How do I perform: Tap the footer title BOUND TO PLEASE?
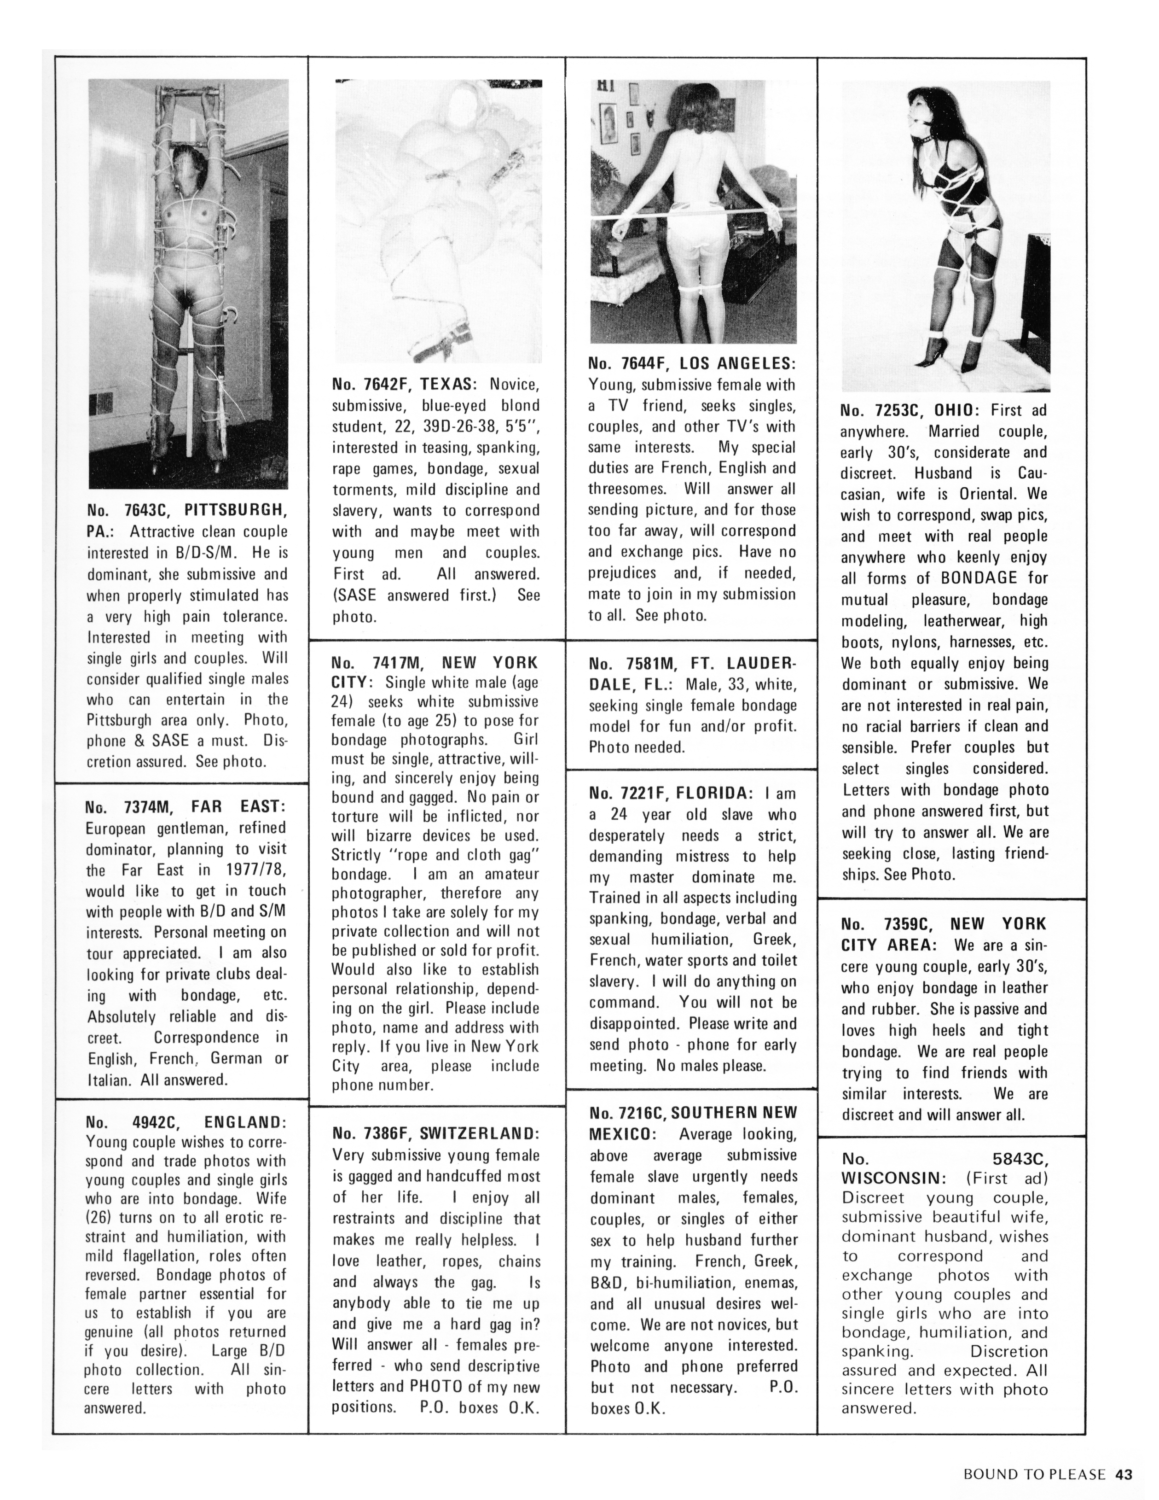click(x=1034, y=1474)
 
